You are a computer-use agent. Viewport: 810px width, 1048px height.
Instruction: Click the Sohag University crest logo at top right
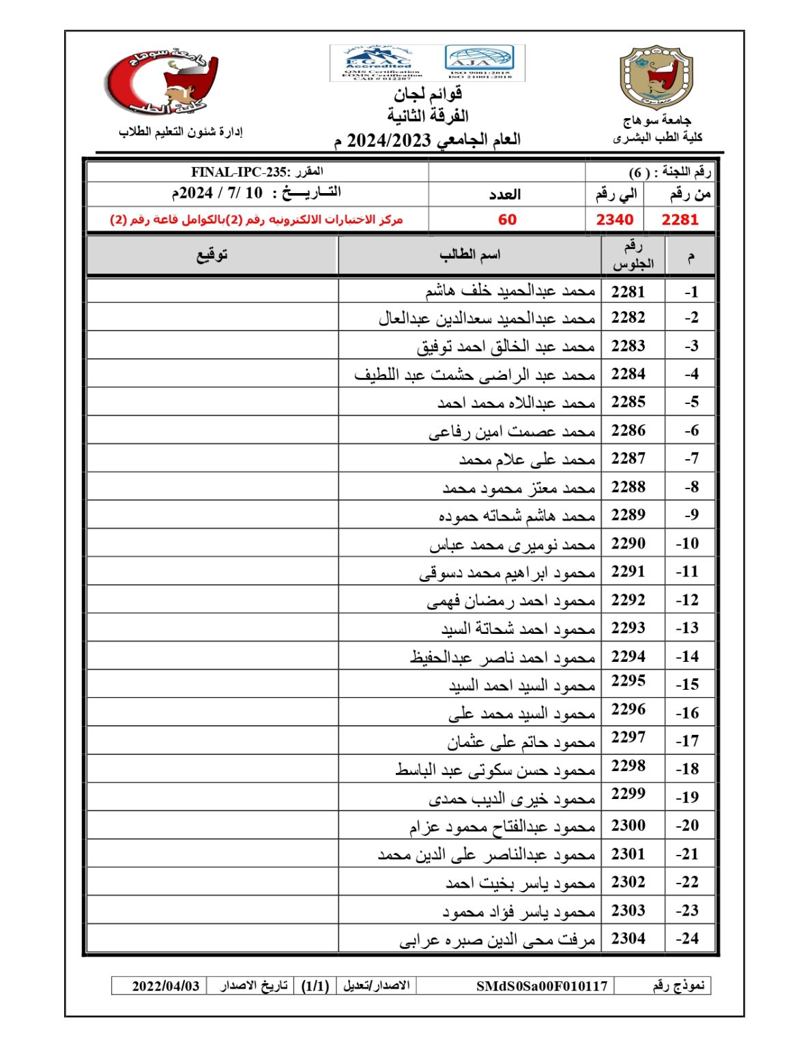tap(656, 78)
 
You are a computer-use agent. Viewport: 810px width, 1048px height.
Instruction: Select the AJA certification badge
tap(479, 63)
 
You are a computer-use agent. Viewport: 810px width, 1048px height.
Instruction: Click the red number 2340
tap(614, 220)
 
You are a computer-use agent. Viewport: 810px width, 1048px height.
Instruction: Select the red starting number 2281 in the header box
tap(680, 220)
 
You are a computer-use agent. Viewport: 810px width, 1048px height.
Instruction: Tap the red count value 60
tap(507, 220)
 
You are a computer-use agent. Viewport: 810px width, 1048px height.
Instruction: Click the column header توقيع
tap(212, 255)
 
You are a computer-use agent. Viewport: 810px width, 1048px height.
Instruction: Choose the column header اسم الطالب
tap(469, 255)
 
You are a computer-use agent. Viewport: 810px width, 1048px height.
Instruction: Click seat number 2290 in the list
tap(628, 544)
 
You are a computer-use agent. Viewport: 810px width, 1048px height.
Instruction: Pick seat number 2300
tap(628, 826)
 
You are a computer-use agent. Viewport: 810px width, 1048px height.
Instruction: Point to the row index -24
tap(687, 939)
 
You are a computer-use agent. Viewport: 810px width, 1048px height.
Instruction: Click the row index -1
tap(691, 292)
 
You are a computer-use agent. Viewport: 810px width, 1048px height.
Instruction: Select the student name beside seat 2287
tap(527, 459)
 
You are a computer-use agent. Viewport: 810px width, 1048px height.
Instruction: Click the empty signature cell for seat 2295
tap(212, 684)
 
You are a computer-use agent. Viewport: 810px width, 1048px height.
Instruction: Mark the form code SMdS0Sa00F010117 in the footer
tap(541, 986)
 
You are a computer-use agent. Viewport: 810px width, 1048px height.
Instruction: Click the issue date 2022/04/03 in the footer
tap(166, 986)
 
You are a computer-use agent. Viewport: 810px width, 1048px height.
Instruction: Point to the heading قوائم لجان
tap(428, 93)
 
